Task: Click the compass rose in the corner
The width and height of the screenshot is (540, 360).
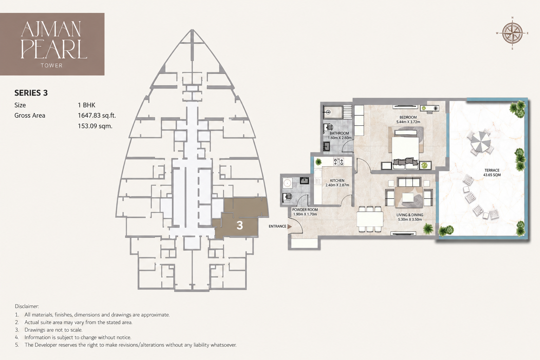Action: pyautogui.click(x=512, y=33)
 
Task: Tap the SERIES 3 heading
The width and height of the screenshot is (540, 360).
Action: pyautogui.click(x=31, y=93)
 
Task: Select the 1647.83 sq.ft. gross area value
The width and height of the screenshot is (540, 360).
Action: pyautogui.click(x=97, y=116)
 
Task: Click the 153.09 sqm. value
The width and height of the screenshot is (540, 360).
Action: pyautogui.click(x=95, y=126)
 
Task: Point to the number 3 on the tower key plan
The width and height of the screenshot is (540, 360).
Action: pyautogui.click(x=240, y=225)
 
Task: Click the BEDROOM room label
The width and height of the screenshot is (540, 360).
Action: pyautogui.click(x=408, y=117)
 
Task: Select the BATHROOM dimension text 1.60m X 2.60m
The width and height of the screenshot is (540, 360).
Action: pyautogui.click(x=340, y=138)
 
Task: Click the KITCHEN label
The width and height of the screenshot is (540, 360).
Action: pyautogui.click(x=337, y=180)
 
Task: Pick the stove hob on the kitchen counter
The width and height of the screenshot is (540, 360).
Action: pyautogui.click(x=339, y=162)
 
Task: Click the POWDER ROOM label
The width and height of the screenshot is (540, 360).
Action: pyautogui.click(x=305, y=210)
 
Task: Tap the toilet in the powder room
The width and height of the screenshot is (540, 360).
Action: pyautogui.click(x=287, y=197)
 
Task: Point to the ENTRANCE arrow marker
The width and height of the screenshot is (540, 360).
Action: pyautogui.click(x=290, y=226)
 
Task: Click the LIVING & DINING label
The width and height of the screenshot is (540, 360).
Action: pyautogui.click(x=410, y=215)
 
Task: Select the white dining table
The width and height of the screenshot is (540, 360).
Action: pyautogui.click(x=370, y=219)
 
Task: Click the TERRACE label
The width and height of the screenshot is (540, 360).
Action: pyautogui.click(x=492, y=170)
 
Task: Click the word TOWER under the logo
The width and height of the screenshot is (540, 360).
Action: pyautogui.click(x=52, y=65)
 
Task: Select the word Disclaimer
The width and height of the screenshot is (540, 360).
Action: pyautogui.click(x=27, y=306)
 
